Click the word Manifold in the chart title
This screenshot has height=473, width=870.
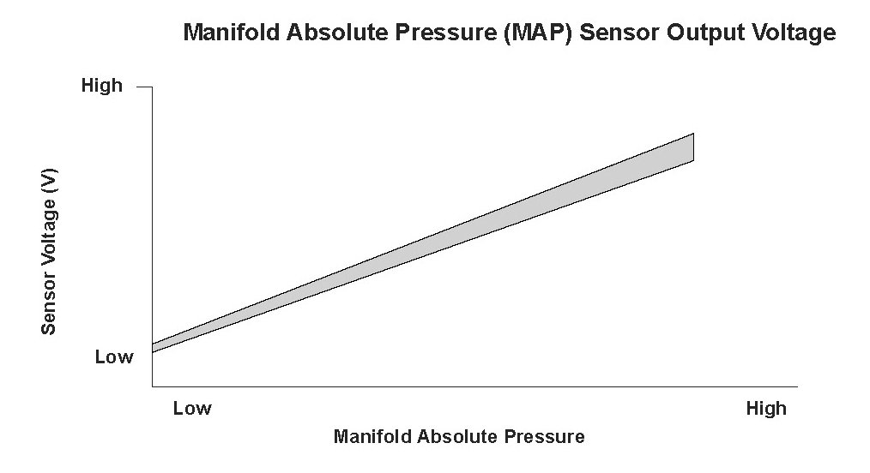[232, 32]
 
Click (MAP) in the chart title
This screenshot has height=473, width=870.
[538, 33]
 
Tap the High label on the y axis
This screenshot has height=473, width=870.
[102, 86]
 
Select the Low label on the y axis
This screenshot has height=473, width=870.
[114, 356]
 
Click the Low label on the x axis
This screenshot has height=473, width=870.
[192, 408]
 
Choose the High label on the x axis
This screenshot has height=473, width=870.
[766, 409]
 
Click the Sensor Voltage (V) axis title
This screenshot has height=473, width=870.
[49, 251]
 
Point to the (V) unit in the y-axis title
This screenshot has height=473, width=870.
[50, 180]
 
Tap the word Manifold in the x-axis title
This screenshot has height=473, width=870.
[372, 436]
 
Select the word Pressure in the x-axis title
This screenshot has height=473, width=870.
[544, 436]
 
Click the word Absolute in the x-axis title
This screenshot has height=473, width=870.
[457, 436]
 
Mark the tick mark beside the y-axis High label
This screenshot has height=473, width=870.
[144, 87]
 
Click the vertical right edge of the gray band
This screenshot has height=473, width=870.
[693, 147]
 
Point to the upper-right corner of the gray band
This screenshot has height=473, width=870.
[693, 134]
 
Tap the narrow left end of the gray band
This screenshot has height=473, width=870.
[153, 349]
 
